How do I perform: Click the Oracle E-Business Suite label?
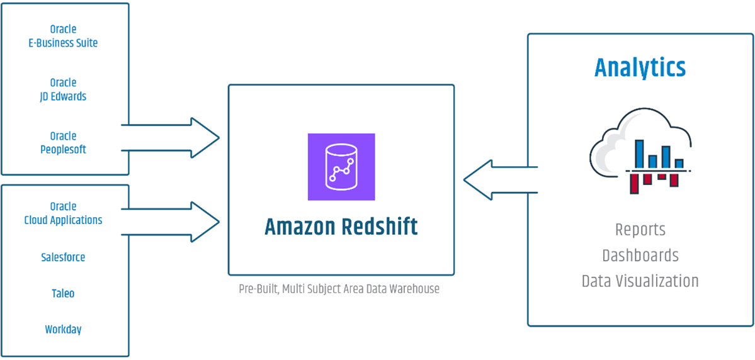coord(63,37)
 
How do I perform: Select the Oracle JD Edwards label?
coord(63,89)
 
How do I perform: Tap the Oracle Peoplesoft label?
coord(63,143)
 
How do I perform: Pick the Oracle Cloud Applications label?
coord(63,213)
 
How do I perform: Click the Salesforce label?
coord(63,257)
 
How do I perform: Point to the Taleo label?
coord(63,293)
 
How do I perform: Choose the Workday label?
coord(63,329)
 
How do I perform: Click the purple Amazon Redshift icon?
coord(341,167)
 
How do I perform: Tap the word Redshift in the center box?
coord(380,227)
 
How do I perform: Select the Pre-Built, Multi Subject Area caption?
coord(339,290)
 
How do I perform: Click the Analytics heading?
coord(640,67)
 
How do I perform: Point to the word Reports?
coord(640,230)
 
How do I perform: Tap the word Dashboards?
coord(640,256)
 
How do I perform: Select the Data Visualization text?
coord(640,281)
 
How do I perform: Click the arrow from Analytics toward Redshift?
coord(497,180)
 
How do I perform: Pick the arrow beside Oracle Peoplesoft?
coord(176,137)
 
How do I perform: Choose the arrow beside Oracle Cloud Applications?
coord(176,221)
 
